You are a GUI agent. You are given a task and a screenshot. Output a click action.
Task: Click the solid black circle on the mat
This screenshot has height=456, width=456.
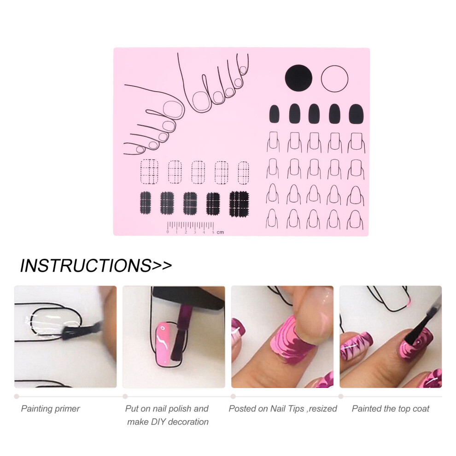point(298,78)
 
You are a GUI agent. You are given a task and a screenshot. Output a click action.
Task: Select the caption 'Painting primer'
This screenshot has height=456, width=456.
point(50,409)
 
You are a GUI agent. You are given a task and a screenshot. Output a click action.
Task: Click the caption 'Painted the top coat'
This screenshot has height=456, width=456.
point(390,409)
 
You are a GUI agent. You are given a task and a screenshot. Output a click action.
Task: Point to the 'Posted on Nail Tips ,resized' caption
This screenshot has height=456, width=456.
point(283,409)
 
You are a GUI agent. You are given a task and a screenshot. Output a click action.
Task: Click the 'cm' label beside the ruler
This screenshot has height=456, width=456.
point(220,232)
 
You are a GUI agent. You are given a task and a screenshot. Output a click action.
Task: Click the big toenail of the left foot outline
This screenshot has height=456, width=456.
point(174,109)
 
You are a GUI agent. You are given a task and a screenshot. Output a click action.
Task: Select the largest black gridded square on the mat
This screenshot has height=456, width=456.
point(239,204)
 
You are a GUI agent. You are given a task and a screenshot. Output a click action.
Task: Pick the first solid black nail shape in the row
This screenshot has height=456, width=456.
point(274,114)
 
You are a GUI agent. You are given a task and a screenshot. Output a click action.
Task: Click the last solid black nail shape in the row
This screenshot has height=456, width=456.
point(356,114)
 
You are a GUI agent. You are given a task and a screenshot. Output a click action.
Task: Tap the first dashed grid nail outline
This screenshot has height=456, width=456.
point(149,172)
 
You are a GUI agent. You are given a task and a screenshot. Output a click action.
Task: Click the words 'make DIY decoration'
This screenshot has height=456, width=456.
point(168,421)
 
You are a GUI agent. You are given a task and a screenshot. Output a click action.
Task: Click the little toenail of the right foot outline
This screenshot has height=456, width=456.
point(243,70)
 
